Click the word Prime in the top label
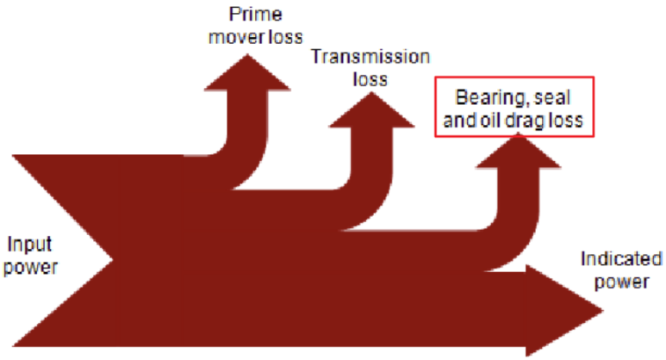click(247, 15)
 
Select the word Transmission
click(370, 59)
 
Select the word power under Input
click(31, 267)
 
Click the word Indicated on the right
click(621, 259)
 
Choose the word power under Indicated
click(621, 281)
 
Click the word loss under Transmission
click(370, 81)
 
